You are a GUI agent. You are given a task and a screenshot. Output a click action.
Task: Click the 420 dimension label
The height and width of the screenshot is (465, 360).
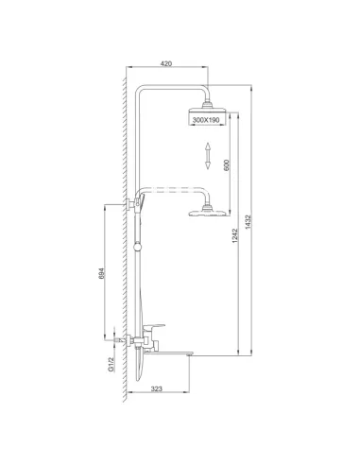coord(166,63)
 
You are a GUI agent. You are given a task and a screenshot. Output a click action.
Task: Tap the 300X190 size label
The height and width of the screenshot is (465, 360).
coord(205,120)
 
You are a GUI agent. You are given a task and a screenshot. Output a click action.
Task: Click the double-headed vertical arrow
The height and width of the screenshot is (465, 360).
coord(205,156)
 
